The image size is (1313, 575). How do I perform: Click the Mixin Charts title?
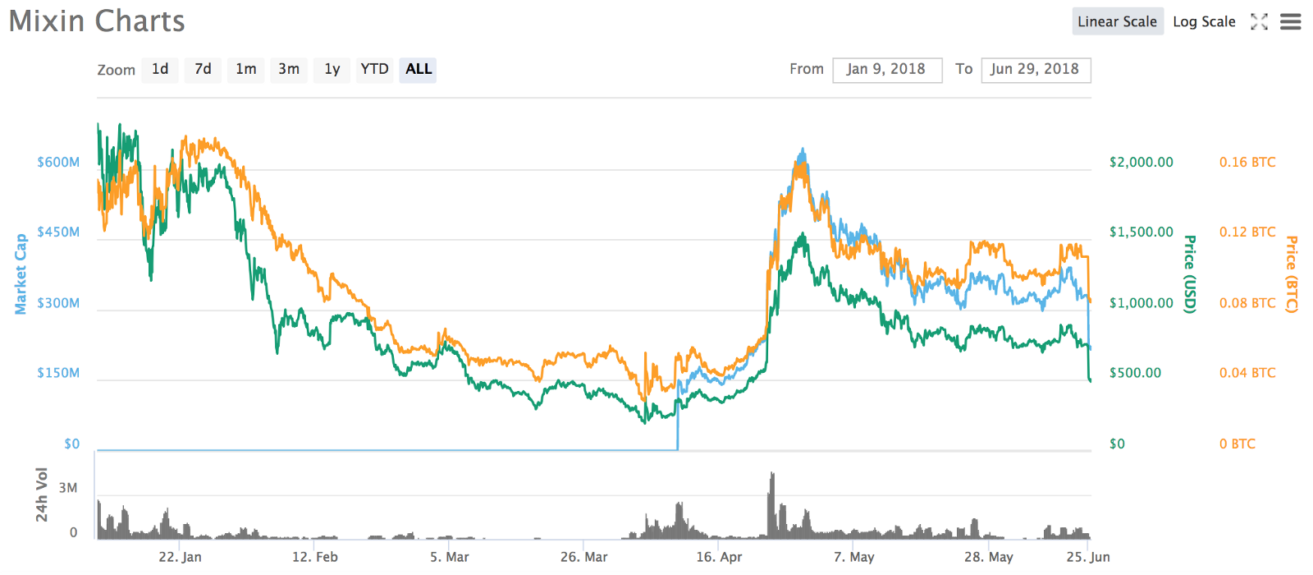tap(97, 21)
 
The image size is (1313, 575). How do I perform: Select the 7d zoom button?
tap(203, 69)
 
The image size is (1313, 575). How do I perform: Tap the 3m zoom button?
tap(288, 69)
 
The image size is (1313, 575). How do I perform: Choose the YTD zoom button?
tap(374, 69)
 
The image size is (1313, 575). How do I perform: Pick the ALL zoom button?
tap(418, 69)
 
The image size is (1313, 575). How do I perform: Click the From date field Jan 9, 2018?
tap(886, 70)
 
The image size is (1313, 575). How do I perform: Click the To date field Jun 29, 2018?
tap(1035, 70)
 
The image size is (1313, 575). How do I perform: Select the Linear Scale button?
tap(1117, 21)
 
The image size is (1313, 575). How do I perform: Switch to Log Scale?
tap(1204, 21)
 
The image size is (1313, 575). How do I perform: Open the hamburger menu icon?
tap(1291, 21)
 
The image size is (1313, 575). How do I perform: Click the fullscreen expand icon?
tap(1259, 21)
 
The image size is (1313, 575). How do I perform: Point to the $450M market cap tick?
tap(58, 232)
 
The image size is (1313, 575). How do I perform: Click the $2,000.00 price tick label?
tap(1141, 163)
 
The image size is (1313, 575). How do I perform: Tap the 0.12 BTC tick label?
tap(1247, 232)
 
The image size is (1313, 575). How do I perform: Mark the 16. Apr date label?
tap(719, 557)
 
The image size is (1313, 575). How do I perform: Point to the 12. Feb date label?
tap(314, 557)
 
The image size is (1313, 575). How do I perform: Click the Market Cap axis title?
tap(21, 274)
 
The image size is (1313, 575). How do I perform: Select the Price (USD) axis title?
tap(1189, 274)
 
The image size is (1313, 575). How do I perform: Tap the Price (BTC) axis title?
tap(1291, 274)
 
